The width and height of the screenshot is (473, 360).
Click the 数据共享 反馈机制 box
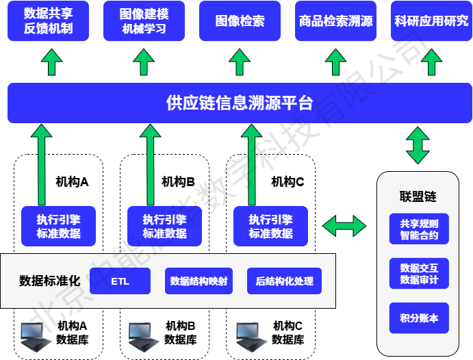48,21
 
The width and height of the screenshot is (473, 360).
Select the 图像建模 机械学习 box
144,21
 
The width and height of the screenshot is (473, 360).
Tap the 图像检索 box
240,21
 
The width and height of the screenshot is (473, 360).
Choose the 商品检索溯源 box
335,21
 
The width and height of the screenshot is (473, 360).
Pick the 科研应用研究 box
431,21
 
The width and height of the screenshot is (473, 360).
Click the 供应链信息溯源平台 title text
240,103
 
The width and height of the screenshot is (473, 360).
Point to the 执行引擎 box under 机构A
58,227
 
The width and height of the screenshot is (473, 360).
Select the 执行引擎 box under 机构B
164,227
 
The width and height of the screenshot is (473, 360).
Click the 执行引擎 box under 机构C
270,227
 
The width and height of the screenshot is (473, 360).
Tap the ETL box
120,281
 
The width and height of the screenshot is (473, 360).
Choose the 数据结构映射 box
199,281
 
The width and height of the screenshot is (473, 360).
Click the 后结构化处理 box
284,281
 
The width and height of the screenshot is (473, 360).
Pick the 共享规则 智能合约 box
419,230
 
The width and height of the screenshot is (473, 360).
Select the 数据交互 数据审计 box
419,274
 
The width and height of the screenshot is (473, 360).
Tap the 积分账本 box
419,318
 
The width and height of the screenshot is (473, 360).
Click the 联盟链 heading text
418,197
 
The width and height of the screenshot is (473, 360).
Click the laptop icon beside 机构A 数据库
36,333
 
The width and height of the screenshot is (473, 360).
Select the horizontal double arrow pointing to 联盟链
344,225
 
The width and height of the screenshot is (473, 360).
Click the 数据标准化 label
50,281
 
